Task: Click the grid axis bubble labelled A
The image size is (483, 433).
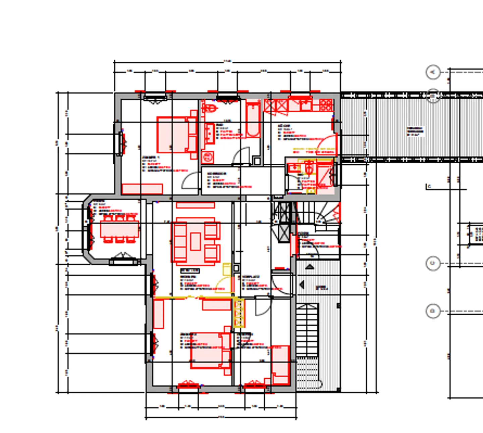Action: pyautogui.click(x=433, y=72)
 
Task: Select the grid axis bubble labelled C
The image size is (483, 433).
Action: pyautogui.click(x=433, y=263)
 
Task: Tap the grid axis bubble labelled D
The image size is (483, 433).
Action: pyautogui.click(x=433, y=311)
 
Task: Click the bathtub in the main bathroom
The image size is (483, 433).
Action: pyautogui.click(x=253, y=120)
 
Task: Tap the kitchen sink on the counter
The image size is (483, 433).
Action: pyautogui.click(x=305, y=104)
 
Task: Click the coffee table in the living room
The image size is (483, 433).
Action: pyautogui.click(x=196, y=241)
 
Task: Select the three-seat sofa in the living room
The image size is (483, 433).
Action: pyautogui.click(x=179, y=242)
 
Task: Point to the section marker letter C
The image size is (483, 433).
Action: pyautogui.click(x=429, y=186)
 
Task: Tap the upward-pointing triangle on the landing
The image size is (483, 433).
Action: pyautogui.click(x=310, y=267)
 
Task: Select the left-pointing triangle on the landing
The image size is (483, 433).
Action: pyautogui.click(x=302, y=285)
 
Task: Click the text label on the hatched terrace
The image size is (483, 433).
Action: pyautogui.click(x=415, y=131)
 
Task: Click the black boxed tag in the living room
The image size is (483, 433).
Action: pyautogui.click(x=190, y=270)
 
